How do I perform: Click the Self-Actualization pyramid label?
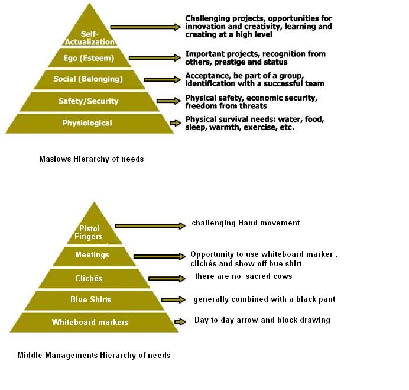point(89,38)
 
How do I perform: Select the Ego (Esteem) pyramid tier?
point(89,58)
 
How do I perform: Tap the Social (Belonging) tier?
point(89,79)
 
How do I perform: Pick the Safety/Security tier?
point(89,101)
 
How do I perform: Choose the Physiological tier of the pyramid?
point(89,124)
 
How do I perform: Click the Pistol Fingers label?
point(89,233)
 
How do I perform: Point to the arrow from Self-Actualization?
point(145,27)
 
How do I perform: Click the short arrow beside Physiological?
point(175,123)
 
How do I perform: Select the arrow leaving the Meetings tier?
point(160,256)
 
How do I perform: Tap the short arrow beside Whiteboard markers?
point(180,321)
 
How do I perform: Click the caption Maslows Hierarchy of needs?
point(91,159)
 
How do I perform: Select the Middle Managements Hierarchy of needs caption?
point(93,355)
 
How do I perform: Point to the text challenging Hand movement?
point(246,223)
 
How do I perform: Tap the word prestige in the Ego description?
point(229,62)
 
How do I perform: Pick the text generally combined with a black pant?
point(264,299)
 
